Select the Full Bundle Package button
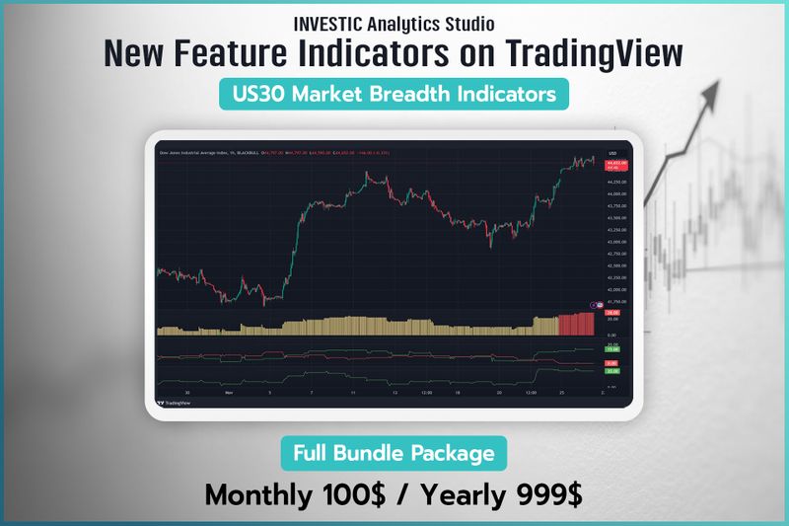(394, 454)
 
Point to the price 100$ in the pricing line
(371, 494)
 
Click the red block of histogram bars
(576, 324)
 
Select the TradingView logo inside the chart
(176, 403)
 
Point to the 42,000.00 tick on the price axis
(613, 289)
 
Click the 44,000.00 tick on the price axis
(613, 194)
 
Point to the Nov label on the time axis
(229, 391)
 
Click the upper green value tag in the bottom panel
(611, 349)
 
